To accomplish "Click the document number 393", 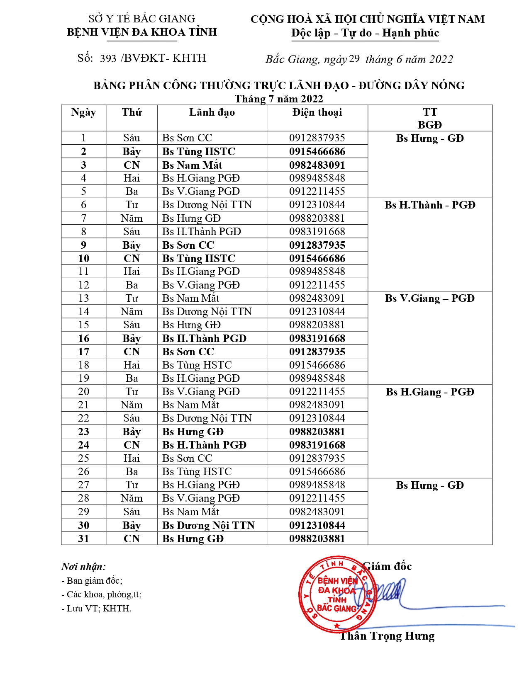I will tap(108, 58).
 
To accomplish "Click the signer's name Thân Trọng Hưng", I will tap(388, 636).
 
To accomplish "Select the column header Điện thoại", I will tap(317, 112).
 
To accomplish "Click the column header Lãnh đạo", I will tap(212, 112).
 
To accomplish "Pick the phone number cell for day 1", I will tap(317, 138).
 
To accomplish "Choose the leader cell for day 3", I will tap(192, 165).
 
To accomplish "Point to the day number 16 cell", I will tap(83, 338).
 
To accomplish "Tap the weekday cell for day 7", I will tap(132, 218).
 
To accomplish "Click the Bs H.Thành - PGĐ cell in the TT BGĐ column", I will tap(430, 205).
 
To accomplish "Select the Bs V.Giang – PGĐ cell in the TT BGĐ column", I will tap(430, 298).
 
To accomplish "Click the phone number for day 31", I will tap(317, 538).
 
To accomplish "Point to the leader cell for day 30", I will tap(208, 525).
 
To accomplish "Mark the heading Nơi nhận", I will tap(83, 567).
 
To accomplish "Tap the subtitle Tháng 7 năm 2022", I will tap(278, 99).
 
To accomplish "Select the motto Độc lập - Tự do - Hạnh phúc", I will tap(365, 33).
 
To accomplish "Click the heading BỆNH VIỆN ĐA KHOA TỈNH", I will tap(142, 32).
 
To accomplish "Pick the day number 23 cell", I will tap(83, 432).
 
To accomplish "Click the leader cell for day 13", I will tap(190, 298).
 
